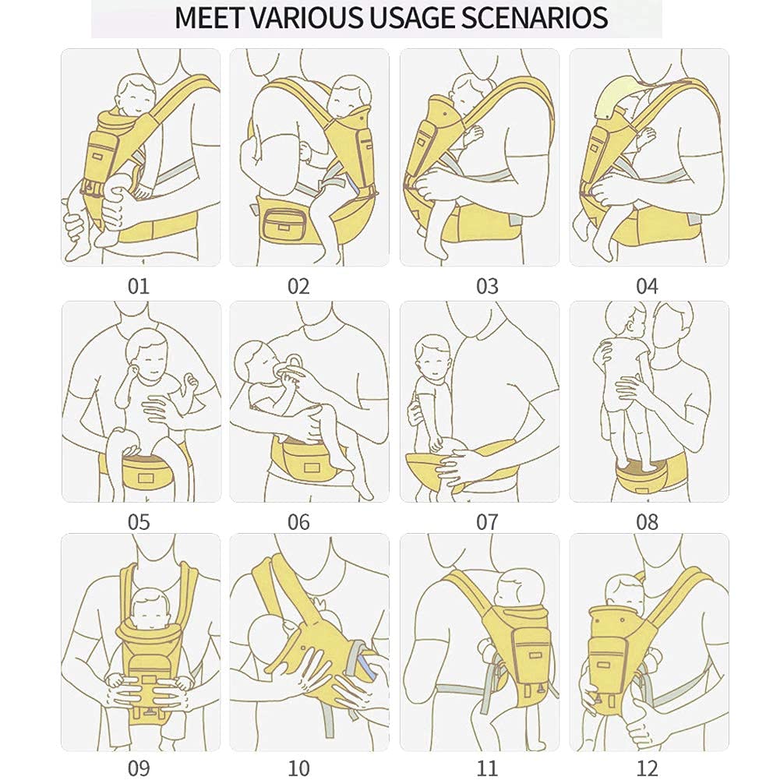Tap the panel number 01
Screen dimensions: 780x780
138,286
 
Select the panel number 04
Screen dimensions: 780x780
647,286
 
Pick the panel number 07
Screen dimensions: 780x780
487,522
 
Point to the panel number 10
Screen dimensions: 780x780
298,769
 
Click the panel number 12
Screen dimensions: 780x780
647,769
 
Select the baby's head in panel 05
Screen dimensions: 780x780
150,354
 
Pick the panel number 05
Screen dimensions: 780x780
138,522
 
